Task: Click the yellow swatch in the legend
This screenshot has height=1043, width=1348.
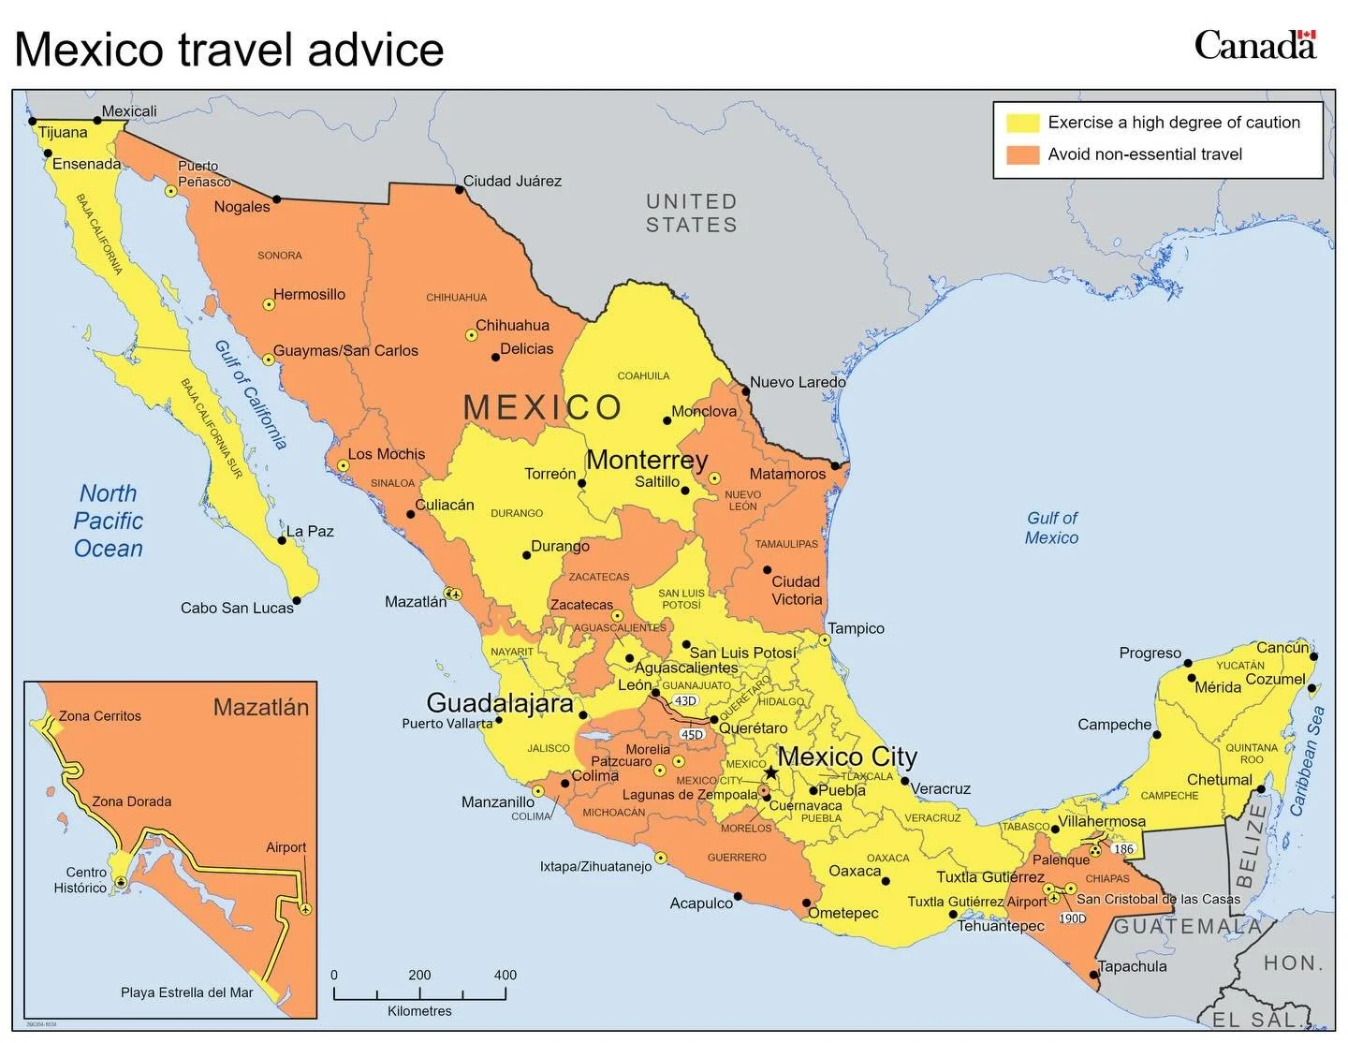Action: click(x=1022, y=123)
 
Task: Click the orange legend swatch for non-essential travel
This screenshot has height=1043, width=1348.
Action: click(x=1022, y=154)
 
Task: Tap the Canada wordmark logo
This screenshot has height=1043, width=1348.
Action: click(x=1254, y=45)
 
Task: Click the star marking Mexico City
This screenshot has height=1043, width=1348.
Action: click(x=770, y=772)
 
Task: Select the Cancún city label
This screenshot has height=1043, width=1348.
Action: click(x=1282, y=648)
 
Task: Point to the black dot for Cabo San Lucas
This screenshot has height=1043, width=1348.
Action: click(x=297, y=601)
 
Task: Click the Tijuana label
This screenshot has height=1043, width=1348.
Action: click(x=63, y=133)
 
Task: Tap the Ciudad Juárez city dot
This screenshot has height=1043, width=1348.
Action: click(x=460, y=190)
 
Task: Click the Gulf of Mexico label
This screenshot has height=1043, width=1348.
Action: click(x=1051, y=528)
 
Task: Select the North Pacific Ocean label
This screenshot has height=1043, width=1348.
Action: click(x=109, y=521)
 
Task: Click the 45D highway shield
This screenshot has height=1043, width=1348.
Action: click(x=692, y=735)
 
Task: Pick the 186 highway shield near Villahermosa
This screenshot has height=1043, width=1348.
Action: click(x=1123, y=849)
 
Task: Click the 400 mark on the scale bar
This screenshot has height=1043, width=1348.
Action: click(x=505, y=976)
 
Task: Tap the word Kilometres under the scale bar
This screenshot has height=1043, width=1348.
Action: click(x=419, y=1011)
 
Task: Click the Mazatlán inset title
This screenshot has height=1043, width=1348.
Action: click(x=260, y=707)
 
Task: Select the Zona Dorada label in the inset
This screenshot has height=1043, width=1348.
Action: click(x=131, y=801)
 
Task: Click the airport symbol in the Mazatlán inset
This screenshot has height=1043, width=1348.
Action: click(x=305, y=909)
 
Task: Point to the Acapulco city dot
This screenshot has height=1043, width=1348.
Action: click(x=738, y=896)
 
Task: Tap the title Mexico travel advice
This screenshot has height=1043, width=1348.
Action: click(x=229, y=49)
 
